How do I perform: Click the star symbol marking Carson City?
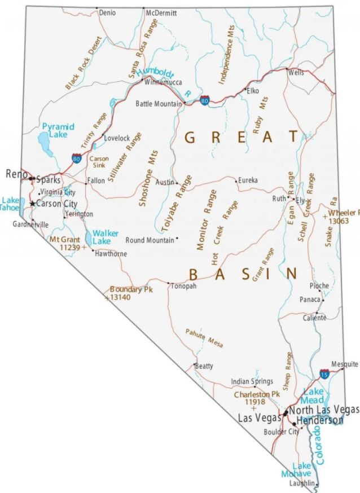[x=33, y=203]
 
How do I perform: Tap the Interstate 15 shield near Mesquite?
[x=324, y=373]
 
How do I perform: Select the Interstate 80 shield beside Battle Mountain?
[x=204, y=100]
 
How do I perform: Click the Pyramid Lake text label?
[x=58, y=131]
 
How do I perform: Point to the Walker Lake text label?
[x=105, y=236]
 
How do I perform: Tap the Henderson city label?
[x=319, y=420]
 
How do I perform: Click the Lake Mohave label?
[x=297, y=469]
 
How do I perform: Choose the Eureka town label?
[x=248, y=181]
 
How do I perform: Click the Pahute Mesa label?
[x=204, y=337]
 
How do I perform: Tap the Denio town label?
[x=107, y=12]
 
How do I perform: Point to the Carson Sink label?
[x=99, y=163]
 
